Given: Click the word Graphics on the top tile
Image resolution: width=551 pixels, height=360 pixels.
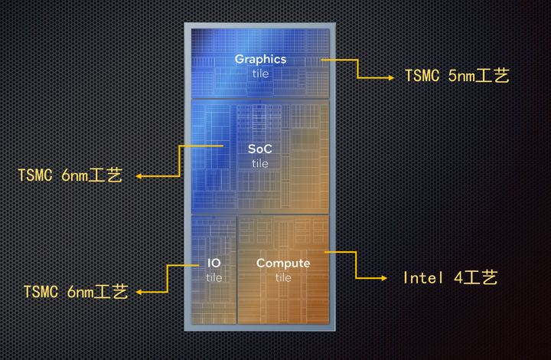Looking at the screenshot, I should [260, 59].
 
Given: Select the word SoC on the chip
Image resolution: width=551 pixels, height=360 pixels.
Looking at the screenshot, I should [260, 149].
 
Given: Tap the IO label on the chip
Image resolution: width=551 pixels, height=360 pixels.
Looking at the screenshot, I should [214, 263].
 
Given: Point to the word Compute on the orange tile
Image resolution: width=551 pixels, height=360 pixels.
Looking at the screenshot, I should [283, 263].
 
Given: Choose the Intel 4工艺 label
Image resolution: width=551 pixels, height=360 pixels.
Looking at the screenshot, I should [451, 277].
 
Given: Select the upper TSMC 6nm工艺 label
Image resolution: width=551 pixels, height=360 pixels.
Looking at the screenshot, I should [70, 175].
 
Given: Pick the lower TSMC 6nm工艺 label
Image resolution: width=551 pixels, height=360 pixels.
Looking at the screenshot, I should [76, 292].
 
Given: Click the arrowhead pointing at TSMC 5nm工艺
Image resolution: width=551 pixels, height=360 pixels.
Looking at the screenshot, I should [390, 77].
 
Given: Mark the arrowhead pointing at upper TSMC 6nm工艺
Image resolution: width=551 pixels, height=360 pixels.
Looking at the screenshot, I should [140, 176].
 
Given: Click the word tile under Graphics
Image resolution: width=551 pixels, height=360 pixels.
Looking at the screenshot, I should [260, 74].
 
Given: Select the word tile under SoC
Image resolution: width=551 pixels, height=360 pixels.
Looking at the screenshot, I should [260, 163].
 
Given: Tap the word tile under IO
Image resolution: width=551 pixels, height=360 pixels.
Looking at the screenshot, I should [214, 278].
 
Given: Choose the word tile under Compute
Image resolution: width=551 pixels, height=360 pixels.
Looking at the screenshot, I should [283, 278].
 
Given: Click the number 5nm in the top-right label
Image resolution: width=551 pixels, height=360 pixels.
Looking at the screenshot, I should [461, 77].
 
